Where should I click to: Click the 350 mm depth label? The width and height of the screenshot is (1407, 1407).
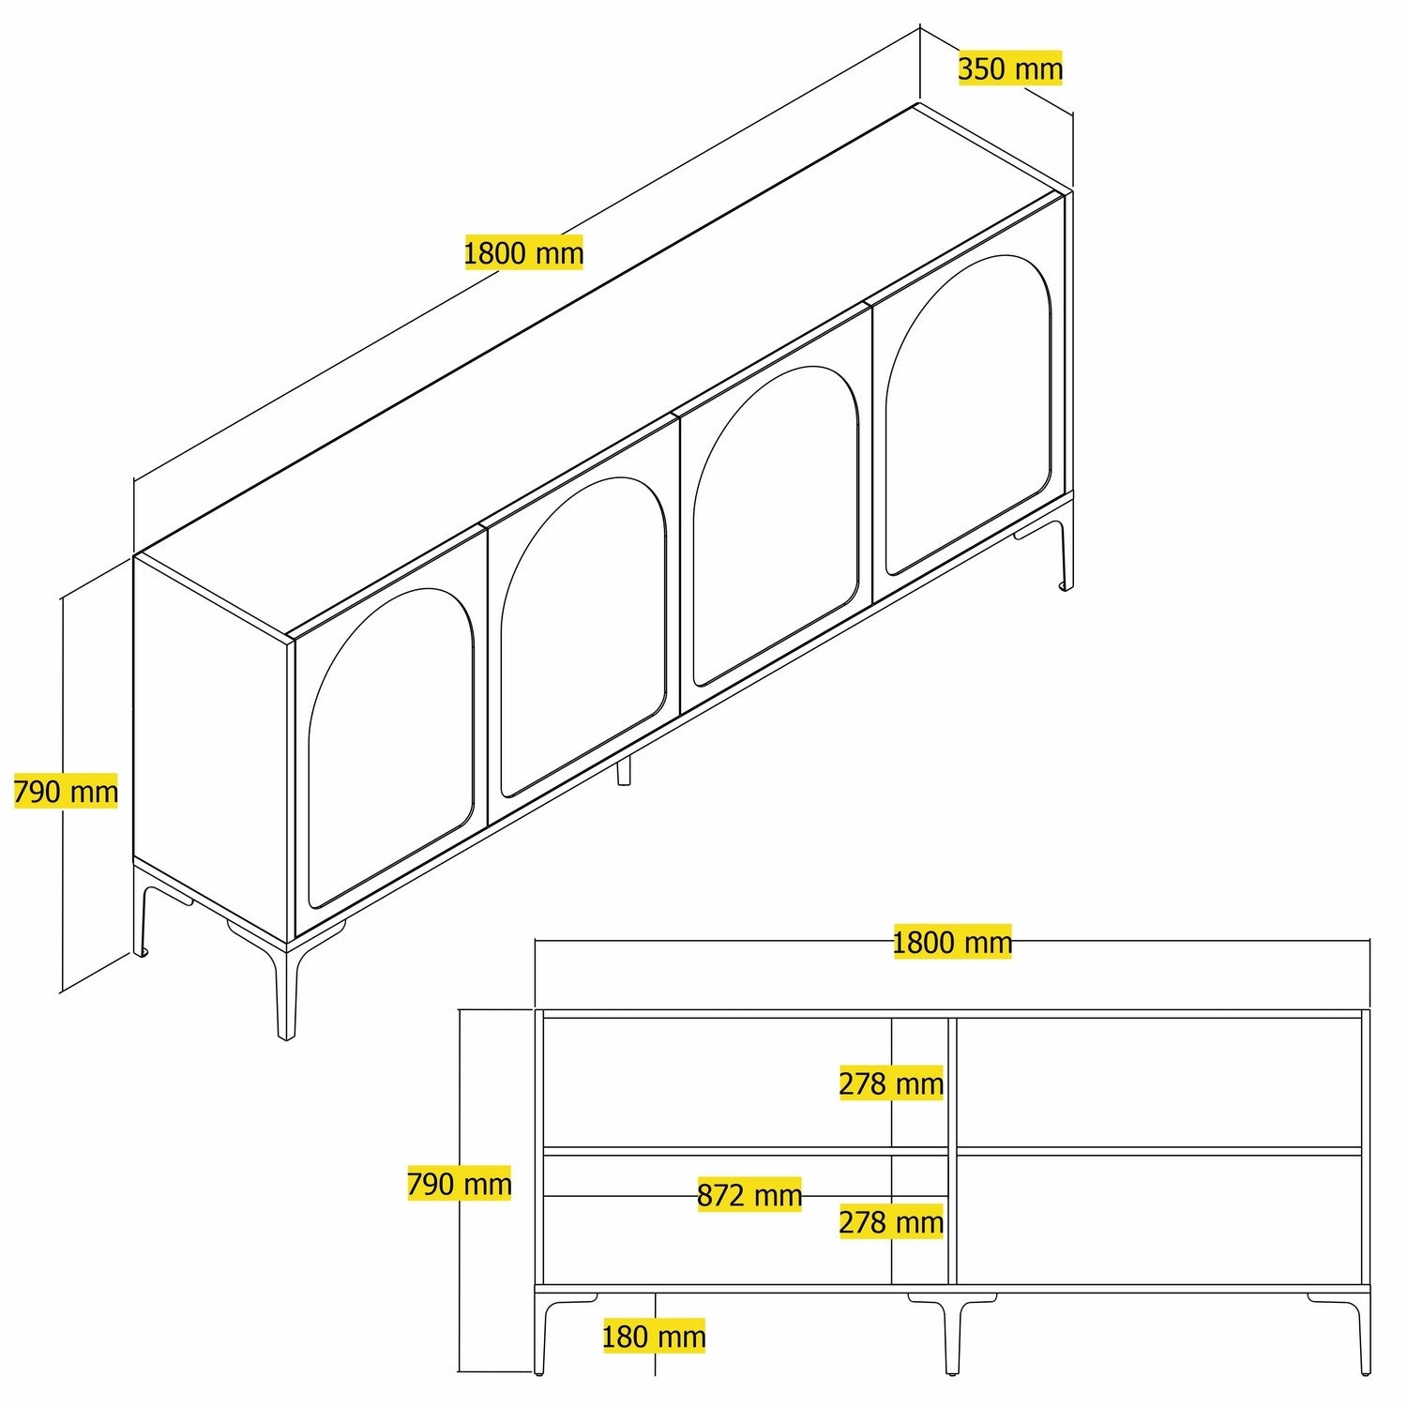point(1010,68)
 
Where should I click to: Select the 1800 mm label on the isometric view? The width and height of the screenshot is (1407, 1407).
point(523,252)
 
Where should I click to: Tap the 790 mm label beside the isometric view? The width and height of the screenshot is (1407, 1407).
point(66,792)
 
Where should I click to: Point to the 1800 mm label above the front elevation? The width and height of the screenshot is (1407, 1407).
point(952,942)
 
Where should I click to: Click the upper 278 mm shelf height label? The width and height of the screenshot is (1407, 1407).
point(890,1083)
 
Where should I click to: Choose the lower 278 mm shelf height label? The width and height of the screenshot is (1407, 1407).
point(890,1222)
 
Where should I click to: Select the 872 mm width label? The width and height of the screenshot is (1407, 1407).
point(749,1195)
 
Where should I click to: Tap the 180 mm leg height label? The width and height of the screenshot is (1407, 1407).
point(654,1336)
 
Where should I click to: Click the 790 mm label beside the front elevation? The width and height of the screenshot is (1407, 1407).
point(459,1184)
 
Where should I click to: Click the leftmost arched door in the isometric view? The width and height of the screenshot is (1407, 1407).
point(389,750)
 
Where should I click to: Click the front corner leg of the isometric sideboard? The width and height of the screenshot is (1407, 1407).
point(286,994)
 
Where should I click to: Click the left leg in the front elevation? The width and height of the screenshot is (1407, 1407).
point(541,1332)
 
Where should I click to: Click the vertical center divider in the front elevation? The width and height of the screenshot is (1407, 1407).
point(952,1149)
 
